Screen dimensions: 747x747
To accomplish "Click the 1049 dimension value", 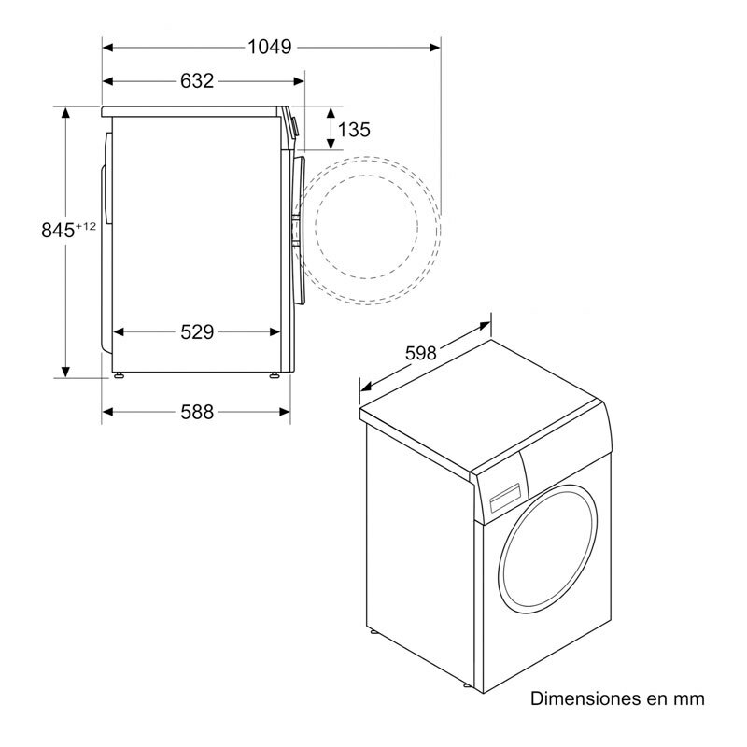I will [x=271, y=46].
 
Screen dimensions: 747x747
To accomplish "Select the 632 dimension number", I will [x=197, y=81].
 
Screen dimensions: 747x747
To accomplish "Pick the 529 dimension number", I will [x=197, y=332].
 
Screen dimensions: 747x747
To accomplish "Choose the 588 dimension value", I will [x=196, y=412].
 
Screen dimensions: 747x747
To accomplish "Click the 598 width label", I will [x=421, y=353].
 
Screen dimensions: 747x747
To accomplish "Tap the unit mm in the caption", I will [x=691, y=698].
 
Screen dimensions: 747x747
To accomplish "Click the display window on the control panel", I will [x=500, y=497].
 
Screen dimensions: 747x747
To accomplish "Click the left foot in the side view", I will [x=119, y=375].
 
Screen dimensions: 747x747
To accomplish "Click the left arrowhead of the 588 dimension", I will [x=106, y=412].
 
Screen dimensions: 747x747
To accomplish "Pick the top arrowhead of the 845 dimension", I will [x=66, y=110].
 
